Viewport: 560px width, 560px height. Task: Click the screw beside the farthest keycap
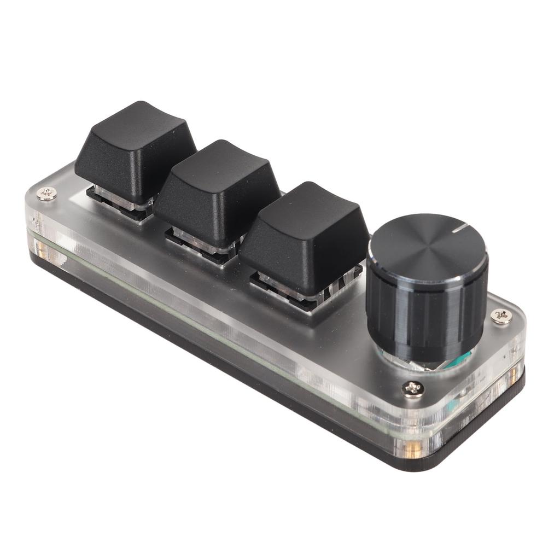click(x=48, y=193)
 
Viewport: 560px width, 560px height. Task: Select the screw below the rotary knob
click(x=413, y=389)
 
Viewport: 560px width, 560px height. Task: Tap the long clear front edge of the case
click(x=219, y=323)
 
